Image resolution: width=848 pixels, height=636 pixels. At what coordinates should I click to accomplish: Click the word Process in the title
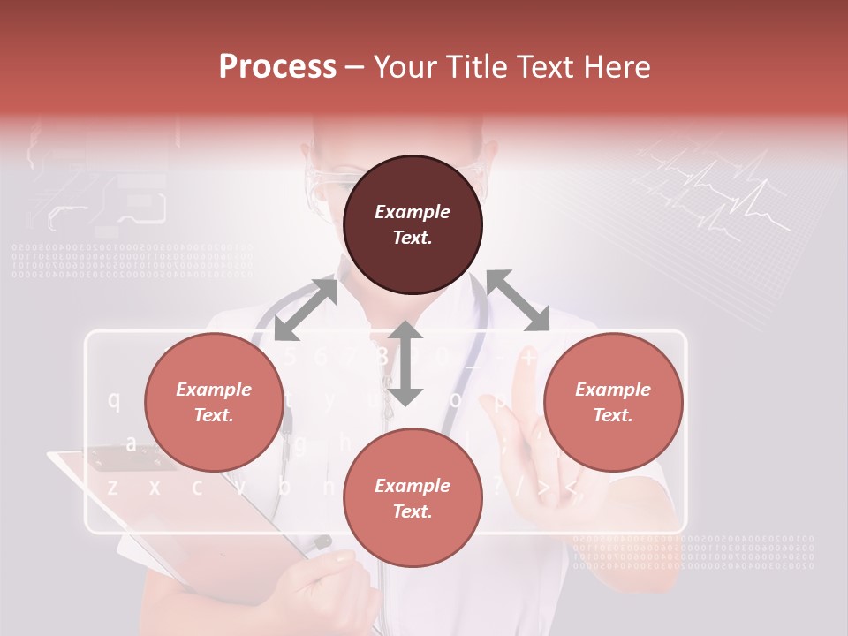point(277,66)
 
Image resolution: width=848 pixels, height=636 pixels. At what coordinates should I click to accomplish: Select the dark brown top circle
point(413,225)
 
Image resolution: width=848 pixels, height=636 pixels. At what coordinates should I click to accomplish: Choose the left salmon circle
point(214,403)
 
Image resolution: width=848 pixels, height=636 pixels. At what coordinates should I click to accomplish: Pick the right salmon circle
point(613,403)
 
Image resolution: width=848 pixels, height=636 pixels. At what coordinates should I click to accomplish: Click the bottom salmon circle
point(413,499)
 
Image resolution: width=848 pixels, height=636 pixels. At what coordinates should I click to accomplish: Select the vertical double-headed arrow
point(405,363)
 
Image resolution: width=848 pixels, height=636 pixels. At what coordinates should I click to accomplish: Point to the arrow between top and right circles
point(518,300)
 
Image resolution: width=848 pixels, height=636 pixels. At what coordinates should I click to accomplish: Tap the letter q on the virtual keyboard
point(114,399)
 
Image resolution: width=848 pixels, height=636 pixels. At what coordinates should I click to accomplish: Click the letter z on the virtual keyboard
point(112,486)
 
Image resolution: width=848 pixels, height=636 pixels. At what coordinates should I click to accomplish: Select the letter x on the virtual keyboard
point(155,486)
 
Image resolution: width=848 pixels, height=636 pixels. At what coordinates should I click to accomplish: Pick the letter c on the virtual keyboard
point(196,486)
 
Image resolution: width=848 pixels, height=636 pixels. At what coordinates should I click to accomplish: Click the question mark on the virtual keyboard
point(496,485)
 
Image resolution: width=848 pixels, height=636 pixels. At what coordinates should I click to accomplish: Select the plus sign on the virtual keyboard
point(528,358)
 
